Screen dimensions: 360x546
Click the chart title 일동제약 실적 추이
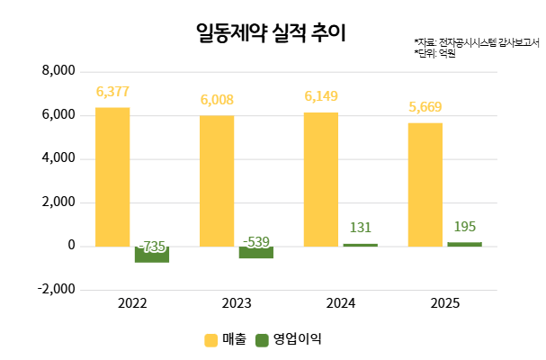point(270,33)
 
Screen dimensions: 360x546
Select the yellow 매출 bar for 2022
point(112,176)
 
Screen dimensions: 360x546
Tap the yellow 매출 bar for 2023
point(217,180)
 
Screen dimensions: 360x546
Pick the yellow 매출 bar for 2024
point(321,179)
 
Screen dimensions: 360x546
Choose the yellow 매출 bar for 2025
point(425,184)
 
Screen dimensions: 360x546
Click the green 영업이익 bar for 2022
point(152,255)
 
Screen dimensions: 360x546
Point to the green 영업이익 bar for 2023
point(256,252)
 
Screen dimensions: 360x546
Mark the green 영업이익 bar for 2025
point(465,244)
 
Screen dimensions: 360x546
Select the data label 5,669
point(425,107)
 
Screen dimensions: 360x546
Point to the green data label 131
point(361,228)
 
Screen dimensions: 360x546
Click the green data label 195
point(465,226)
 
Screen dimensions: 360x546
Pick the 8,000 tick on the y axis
point(60,71)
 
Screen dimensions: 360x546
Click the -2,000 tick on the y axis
point(58,290)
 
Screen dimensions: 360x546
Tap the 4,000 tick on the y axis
point(60,158)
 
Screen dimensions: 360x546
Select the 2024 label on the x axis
point(341,305)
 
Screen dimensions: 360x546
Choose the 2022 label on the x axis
point(132,305)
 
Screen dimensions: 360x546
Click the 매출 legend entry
point(225,339)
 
